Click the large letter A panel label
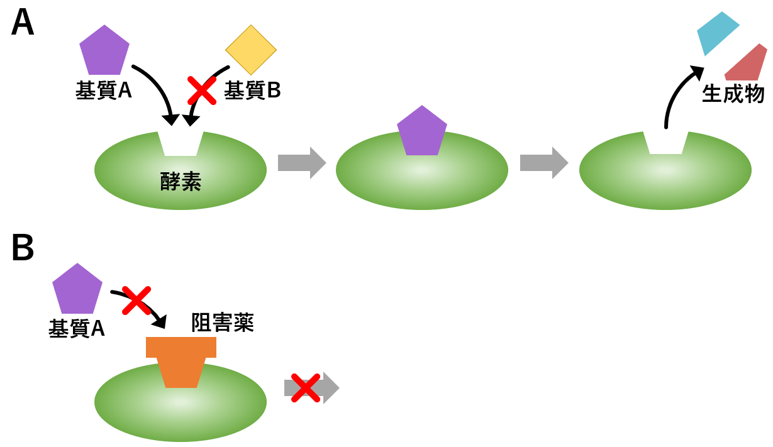tap(23, 23)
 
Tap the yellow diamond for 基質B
tap(251, 50)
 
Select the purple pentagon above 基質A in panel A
tap(104, 52)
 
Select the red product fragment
tap(747, 64)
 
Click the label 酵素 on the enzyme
tap(181, 182)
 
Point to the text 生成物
tap(733, 94)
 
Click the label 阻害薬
tap(222, 323)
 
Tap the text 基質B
tap(252, 91)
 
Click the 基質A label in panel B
tap(77, 328)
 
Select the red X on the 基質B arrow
tap(202, 91)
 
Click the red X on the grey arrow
tap(306, 388)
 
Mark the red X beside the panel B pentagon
tap(136, 300)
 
